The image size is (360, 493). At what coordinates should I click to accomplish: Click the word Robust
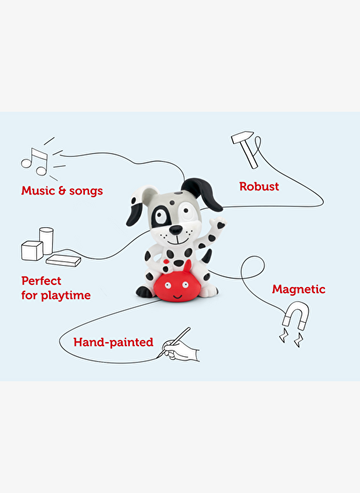pos(259,187)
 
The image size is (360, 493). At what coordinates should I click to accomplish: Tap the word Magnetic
pos(299,289)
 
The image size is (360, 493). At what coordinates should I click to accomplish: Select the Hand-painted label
pos(113,342)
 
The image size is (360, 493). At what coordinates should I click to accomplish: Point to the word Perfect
pos(41,281)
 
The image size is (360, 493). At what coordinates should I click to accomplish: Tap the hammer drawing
pos(245,149)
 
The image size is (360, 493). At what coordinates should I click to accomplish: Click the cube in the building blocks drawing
pos(32,251)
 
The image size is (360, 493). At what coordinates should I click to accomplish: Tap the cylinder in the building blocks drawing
pos(46,241)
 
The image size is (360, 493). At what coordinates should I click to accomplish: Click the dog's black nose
pos(175,230)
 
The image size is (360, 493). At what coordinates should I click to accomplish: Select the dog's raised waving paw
pos(217,223)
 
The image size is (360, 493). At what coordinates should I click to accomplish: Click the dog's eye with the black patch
pos(161,216)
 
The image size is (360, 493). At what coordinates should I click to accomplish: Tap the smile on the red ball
pos(178,296)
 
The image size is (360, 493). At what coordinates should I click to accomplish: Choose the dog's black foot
pos(145,292)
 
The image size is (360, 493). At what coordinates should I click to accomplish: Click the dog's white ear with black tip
pos(139,206)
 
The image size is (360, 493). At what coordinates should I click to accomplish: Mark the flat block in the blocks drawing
pos(63,260)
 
